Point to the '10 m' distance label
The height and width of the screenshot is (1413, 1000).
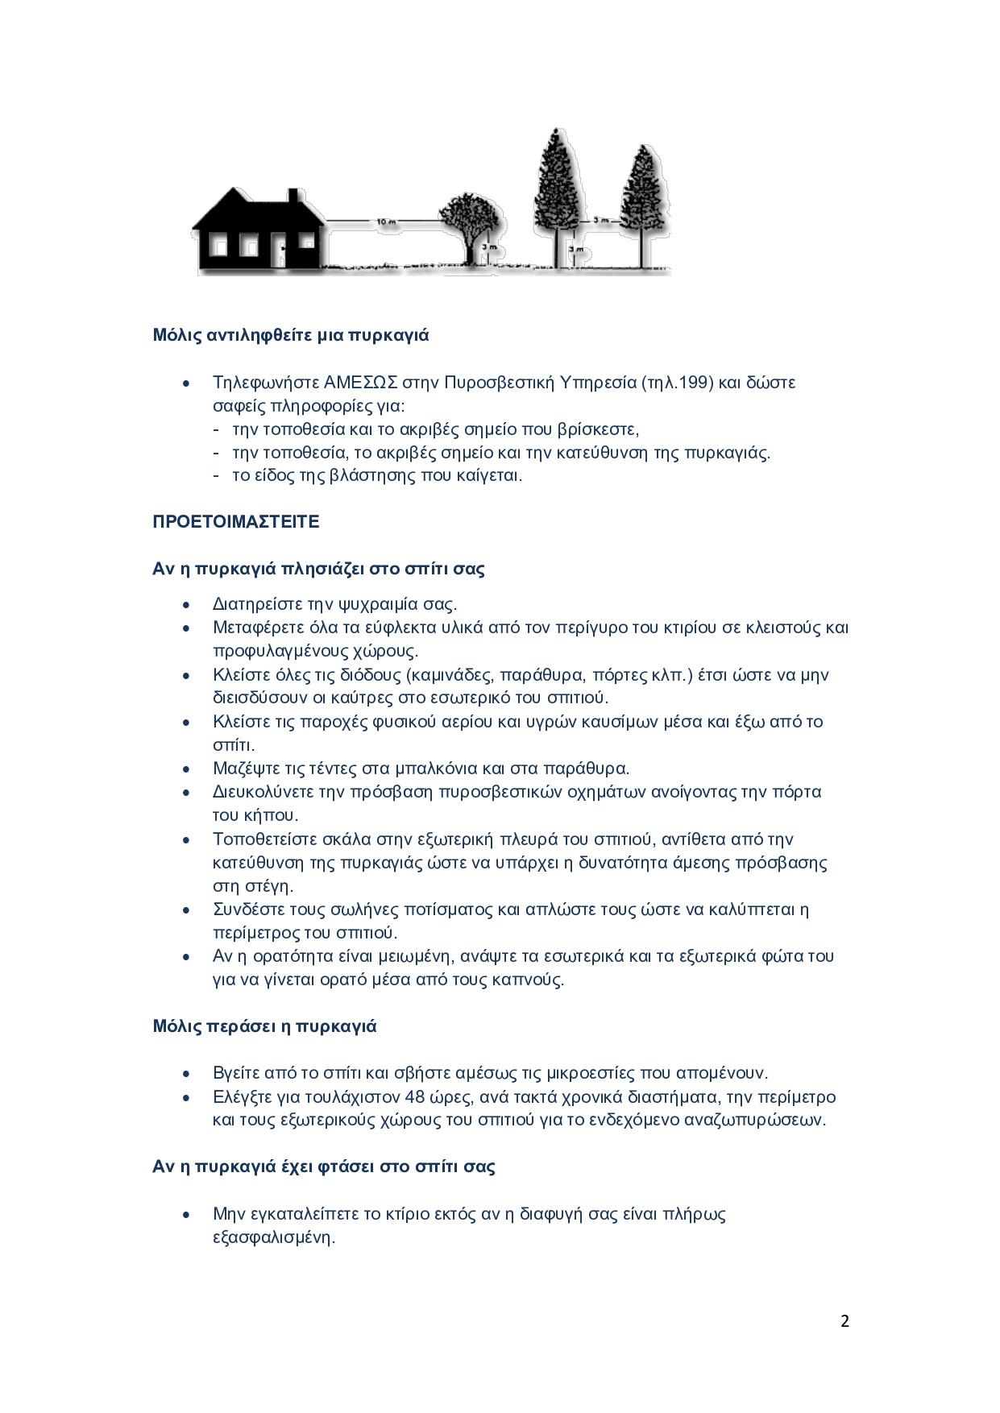[386, 222]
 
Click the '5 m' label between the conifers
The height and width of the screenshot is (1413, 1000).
[600, 220]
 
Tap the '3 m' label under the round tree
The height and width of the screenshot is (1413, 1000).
[489, 247]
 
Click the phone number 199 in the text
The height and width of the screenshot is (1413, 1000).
[695, 383]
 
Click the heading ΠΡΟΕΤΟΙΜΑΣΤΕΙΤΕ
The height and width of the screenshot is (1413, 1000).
[236, 522]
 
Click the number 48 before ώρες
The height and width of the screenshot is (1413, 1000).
[415, 1097]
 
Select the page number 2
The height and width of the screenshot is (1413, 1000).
[844, 1321]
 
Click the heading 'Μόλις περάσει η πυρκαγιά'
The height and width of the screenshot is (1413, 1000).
[264, 1026]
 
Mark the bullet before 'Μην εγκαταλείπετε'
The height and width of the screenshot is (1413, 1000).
[187, 1214]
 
